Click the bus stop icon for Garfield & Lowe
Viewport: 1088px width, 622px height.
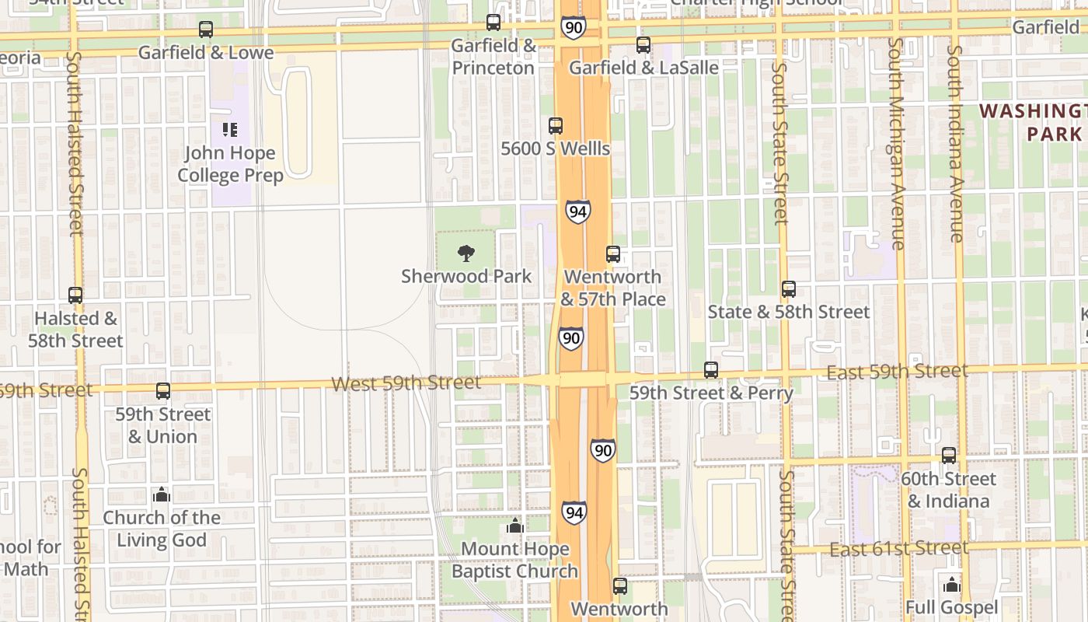[206, 30]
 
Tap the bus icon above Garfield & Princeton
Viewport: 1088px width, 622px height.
[493, 23]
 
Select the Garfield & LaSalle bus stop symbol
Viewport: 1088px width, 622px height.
[643, 45]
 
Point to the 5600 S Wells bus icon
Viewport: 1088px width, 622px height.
[556, 125]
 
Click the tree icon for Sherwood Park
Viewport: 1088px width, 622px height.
[466, 253]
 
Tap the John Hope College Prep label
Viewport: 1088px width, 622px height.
[230, 164]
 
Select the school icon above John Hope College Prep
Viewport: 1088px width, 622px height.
[230, 129]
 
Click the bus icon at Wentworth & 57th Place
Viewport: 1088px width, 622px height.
[613, 254]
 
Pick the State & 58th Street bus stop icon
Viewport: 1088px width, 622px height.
[789, 289]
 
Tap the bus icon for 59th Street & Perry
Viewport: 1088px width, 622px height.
[711, 370]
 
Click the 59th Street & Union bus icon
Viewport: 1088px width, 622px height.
[163, 391]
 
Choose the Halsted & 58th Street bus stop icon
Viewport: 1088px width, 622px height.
[75, 295]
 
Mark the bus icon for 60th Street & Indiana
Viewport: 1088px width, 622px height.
[949, 456]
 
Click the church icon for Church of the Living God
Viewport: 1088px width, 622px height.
[162, 494]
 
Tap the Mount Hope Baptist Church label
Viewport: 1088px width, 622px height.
[514, 560]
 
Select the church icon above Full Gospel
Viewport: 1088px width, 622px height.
[952, 585]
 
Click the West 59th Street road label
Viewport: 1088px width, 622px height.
[406, 383]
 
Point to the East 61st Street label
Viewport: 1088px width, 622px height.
[899, 549]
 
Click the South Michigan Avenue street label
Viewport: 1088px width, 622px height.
[898, 144]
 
